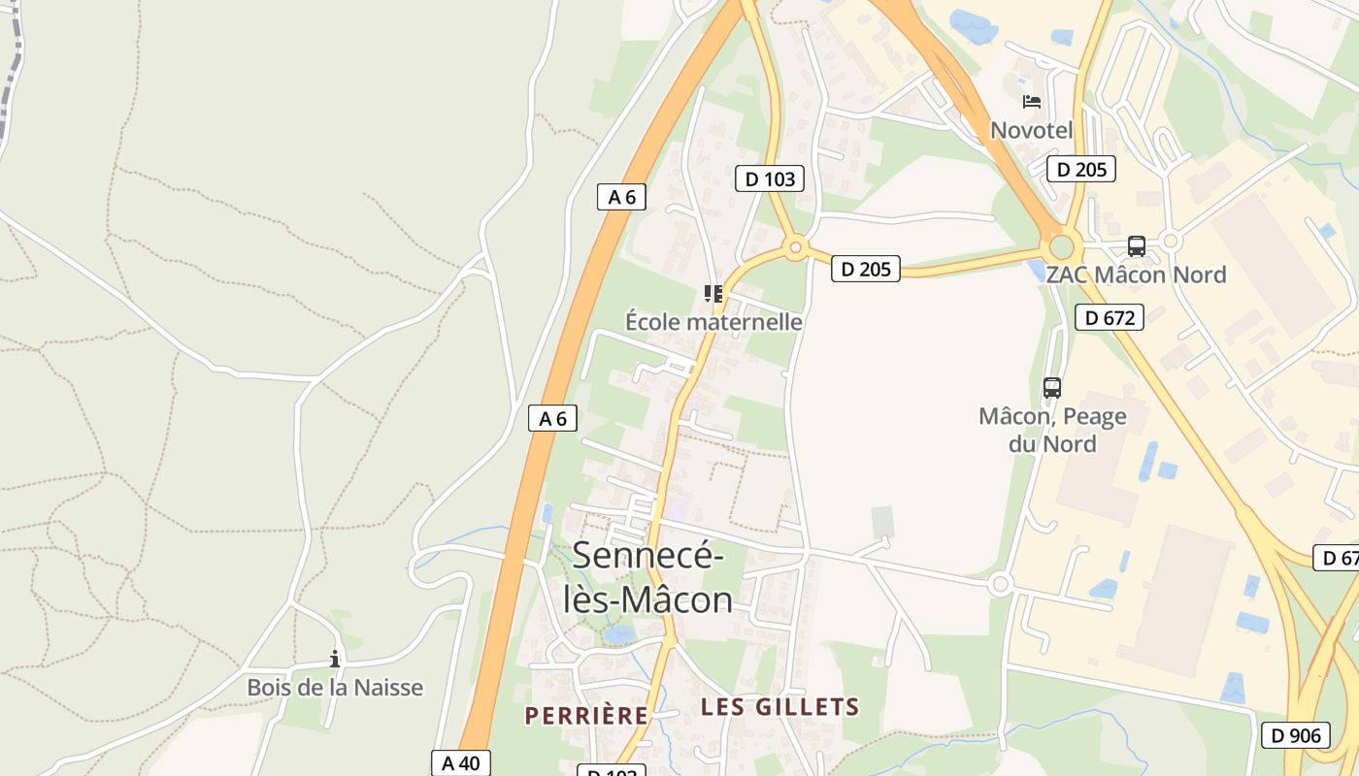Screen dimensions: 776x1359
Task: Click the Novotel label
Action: click(1031, 130)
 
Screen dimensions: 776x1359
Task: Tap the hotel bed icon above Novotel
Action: click(1031, 101)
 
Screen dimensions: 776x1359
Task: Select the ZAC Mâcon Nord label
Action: click(1136, 275)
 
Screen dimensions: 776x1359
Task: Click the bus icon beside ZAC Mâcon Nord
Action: click(1136, 246)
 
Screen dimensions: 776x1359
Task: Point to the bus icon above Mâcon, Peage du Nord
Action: click(1051, 388)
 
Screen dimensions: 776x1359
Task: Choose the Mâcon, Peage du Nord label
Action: click(1052, 430)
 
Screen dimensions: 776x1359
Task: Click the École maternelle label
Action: click(713, 321)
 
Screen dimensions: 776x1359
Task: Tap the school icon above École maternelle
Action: click(713, 293)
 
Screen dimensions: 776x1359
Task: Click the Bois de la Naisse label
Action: click(335, 688)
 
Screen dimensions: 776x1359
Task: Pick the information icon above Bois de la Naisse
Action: click(335, 660)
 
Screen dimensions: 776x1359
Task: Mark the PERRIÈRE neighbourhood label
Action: click(586, 716)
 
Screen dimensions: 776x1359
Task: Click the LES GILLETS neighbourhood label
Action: click(780, 707)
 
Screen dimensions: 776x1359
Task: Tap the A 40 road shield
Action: click(461, 762)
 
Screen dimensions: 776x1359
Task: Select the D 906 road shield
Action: click(1295, 735)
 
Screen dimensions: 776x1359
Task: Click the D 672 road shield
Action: click(1109, 317)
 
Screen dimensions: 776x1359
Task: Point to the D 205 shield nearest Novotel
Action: click(1080, 170)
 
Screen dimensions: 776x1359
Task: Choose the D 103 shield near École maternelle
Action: click(770, 178)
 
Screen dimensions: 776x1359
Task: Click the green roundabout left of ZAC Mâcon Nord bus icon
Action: click(1061, 246)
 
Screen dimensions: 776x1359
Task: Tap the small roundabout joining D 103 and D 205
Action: click(796, 248)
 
